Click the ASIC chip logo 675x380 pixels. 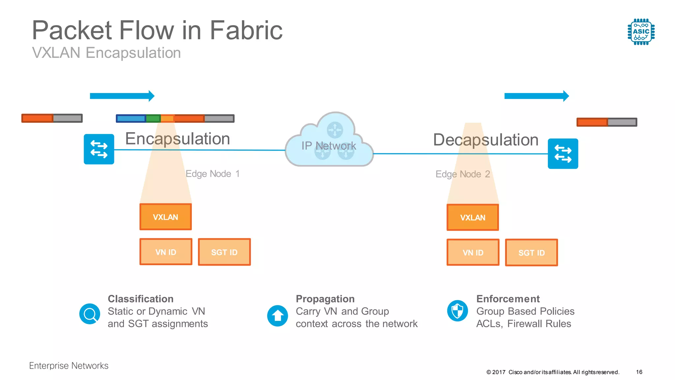641,32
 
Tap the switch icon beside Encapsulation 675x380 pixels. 99,149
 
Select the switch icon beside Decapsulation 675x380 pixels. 563,154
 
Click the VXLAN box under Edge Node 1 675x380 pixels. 165,217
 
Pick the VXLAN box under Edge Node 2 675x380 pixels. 473,218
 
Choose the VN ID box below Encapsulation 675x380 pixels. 166,252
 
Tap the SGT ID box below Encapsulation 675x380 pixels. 224,252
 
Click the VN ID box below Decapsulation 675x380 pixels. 473,253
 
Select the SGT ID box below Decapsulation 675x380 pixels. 531,253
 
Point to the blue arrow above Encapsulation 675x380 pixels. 122,96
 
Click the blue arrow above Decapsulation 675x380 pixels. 537,96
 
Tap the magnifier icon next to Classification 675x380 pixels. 90,314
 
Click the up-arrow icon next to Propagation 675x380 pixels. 278,316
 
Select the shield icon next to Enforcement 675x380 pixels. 457,311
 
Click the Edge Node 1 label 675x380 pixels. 213,174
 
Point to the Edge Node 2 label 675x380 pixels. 463,174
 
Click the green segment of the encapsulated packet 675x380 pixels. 153,118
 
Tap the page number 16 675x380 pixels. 639,372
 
